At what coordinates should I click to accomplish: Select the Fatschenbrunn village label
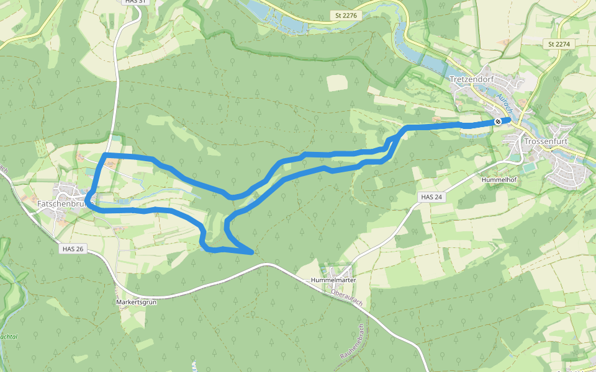(65, 203)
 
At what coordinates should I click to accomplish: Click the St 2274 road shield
(559, 44)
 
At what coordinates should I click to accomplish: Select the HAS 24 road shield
(430, 197)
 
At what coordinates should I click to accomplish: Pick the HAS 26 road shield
(73, 249)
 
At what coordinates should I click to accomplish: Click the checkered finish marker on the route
(498, 122)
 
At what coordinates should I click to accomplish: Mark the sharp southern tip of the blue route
(251, 253)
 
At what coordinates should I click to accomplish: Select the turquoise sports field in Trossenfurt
(528, 168)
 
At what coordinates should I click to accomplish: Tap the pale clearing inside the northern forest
(337, 82)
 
